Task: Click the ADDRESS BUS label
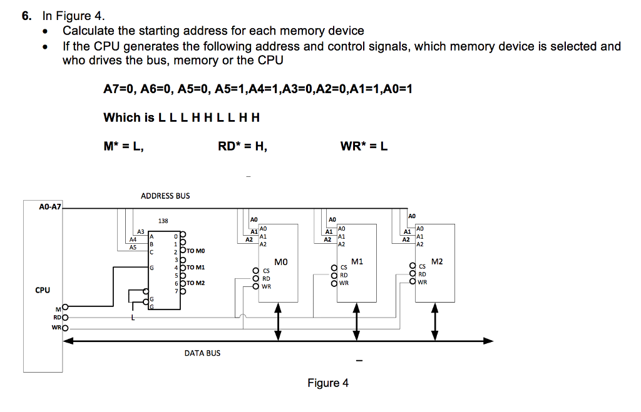click(x=165, y=196)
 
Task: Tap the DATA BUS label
click(x=202, y=353)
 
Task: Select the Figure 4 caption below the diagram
click(x=328, y=383)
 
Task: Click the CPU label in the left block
click(x=43, y=290)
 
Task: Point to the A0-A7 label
click(x=50, y=206)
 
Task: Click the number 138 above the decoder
click(x=163, y=221)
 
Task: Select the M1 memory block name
click(x=357, y=261)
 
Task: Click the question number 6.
click(x=26, y=16)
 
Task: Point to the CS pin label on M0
click(x=266, y=271)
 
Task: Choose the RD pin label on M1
click(x=344, y=274)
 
